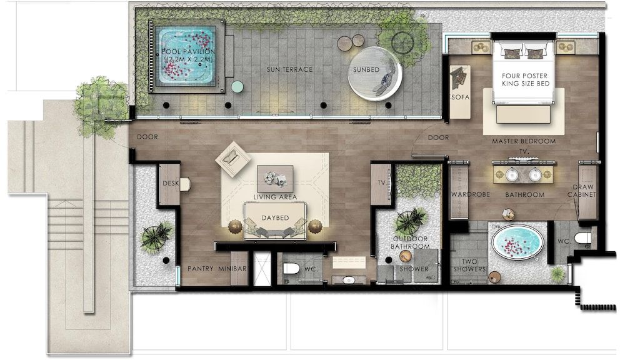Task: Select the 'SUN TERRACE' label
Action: pyautogui.click(x=289, y=69)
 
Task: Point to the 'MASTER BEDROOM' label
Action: pyautogui.click(x=523, y=141)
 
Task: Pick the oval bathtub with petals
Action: pyautogui.click(x=517, y=242)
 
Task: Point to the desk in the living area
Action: pyautogui.click(x=169, y=184)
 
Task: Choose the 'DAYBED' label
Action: pyautogui.click(x=274, y=218)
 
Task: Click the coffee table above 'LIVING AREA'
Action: pyautogui.click(x=274, y=177)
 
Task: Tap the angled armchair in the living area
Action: pyautogui.click(x=232, y=158)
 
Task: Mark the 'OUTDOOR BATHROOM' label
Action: pyautogui.click(x=410, y=242)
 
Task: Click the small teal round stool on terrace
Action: pyautogui.click(x=237, y=86)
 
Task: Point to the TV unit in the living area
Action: pyautogui.click(x=381, y=184)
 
